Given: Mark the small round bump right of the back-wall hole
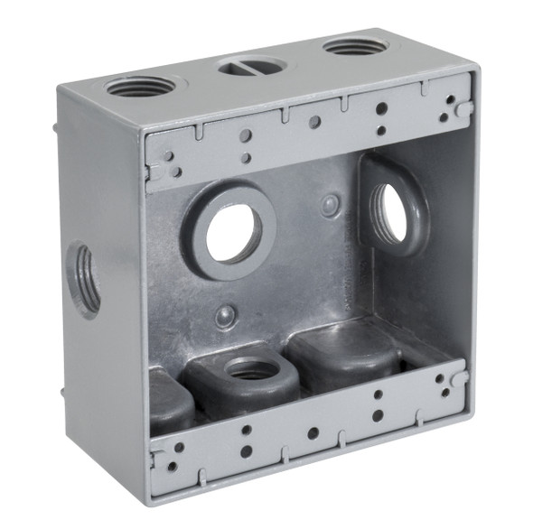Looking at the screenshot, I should (332, 205).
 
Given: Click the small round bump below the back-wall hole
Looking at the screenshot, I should (226, 316).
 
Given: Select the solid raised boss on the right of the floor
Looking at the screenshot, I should (343, 348).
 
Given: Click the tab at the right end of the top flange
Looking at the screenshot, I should (463, 108).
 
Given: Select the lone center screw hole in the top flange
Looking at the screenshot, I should (313, 120).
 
